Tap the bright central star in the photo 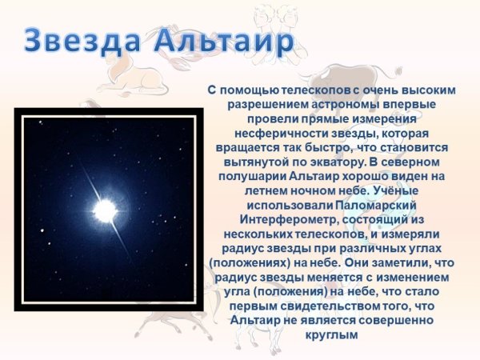pos(105,210)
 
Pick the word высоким pos(425,90)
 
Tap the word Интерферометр pos(277,220)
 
